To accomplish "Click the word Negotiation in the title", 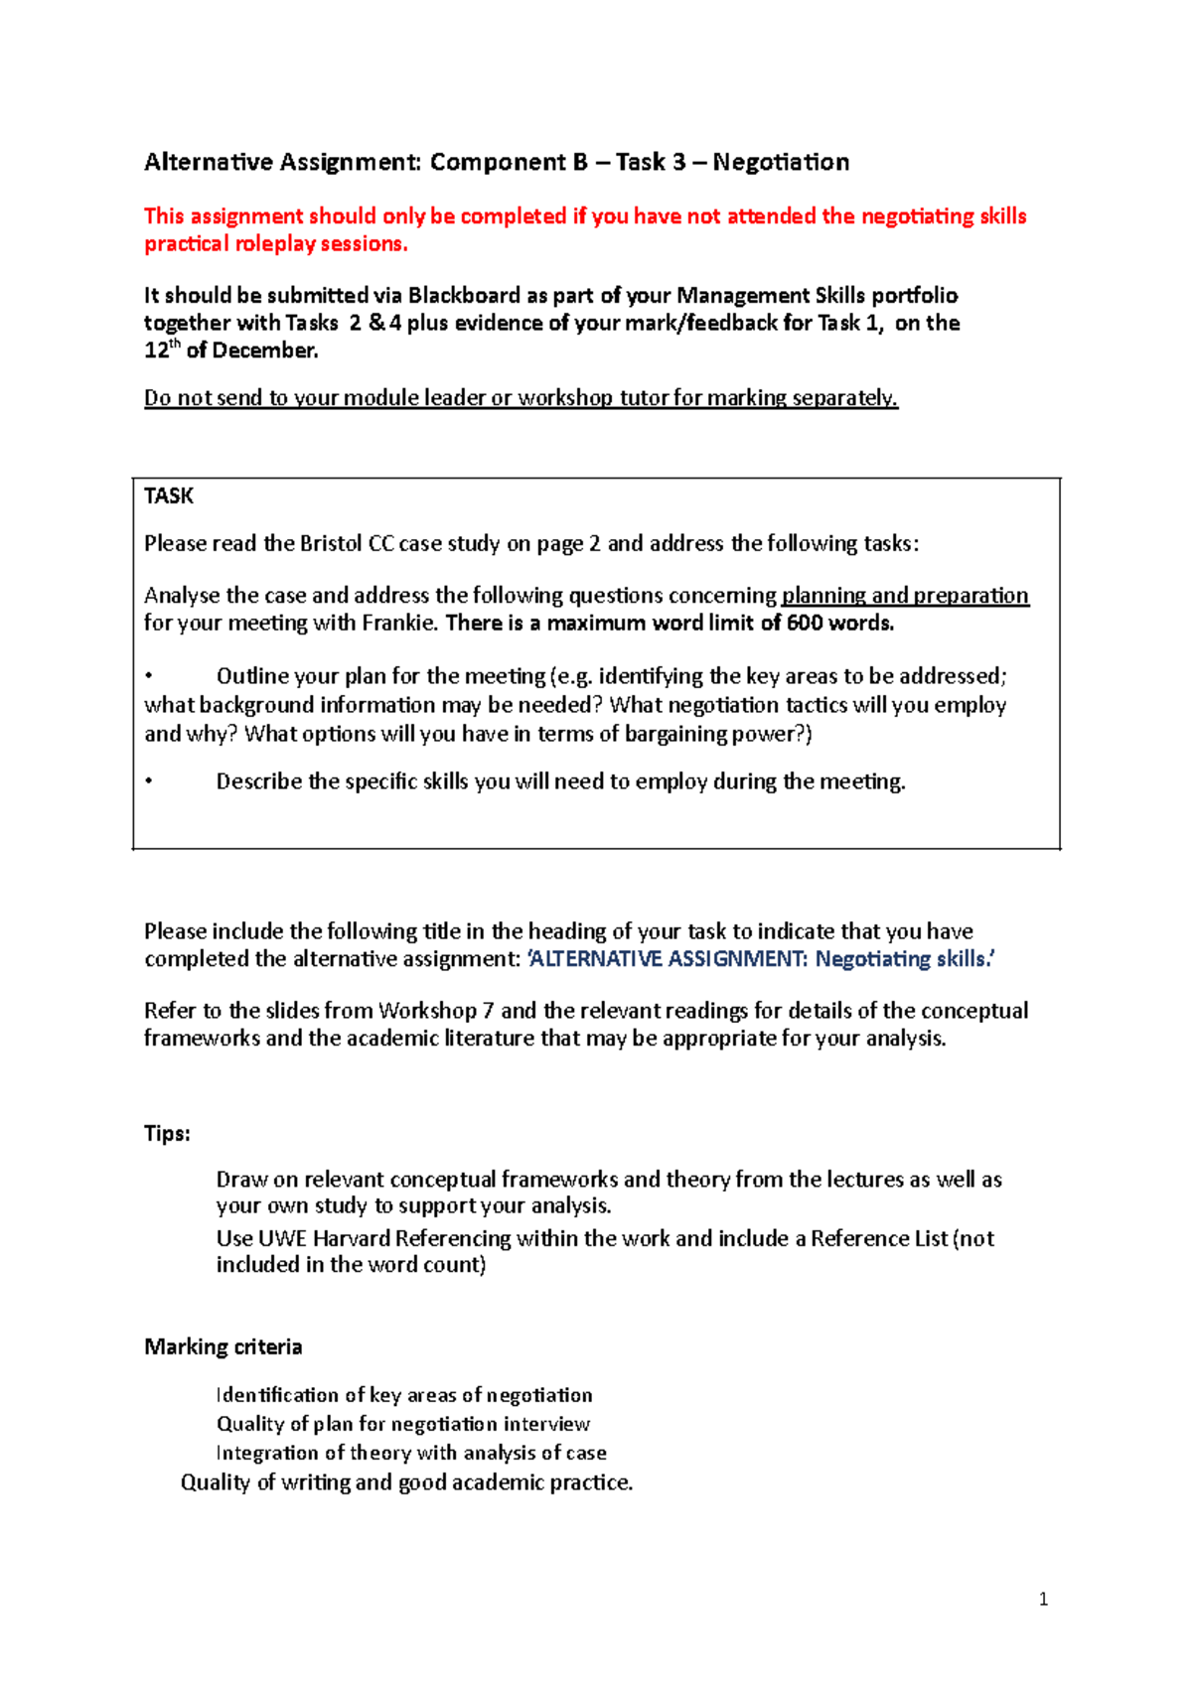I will (781, 162).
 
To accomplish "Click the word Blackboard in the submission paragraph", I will (463, 295).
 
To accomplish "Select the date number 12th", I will (162, 350).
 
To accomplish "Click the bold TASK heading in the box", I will (169, 496).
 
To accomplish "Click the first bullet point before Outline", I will (148, 676).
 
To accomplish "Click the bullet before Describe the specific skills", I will (148, 781).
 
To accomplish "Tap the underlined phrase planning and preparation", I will (905, 595).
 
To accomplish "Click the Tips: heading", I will (167, 1133).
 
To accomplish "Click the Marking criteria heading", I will (223, 1346).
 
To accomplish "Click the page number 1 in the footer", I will (1043, 1599).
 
